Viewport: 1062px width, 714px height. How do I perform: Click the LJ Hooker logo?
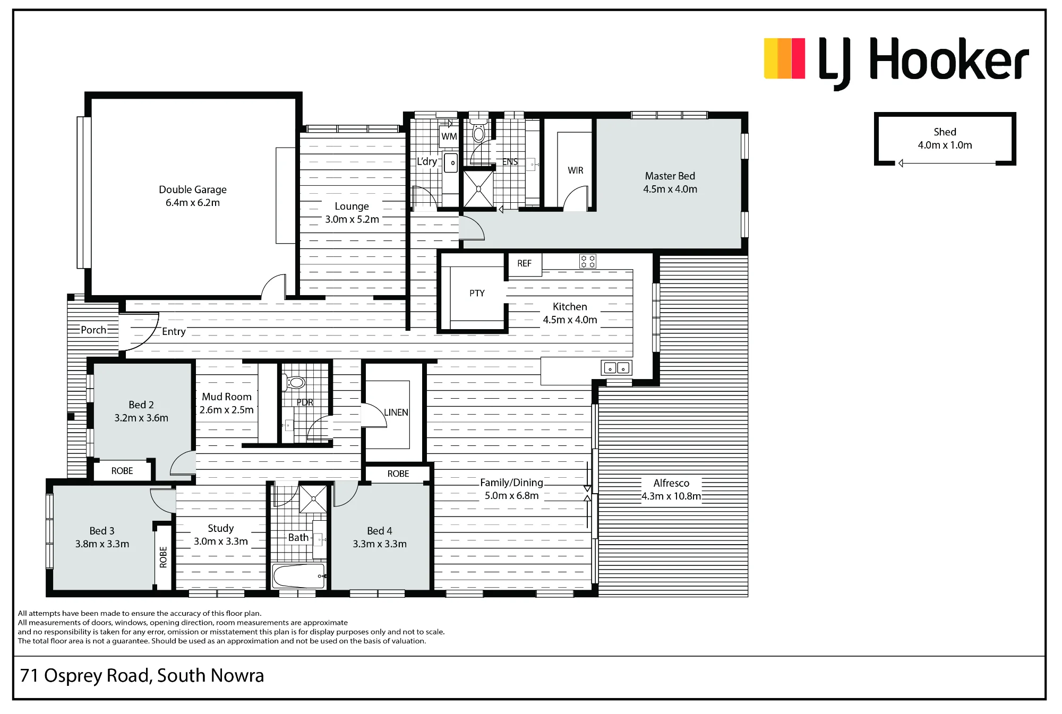[896, 63]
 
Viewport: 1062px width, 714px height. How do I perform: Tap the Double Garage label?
[193, 190]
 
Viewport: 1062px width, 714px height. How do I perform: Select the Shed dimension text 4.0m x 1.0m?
[945, 145]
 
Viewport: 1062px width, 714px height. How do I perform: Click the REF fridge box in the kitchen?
[525, 264]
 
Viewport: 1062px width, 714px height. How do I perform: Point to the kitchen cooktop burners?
[588, 261]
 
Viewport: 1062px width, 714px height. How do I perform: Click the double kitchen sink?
[616, 367]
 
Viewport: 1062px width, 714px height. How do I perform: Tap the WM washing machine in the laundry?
[449, 136]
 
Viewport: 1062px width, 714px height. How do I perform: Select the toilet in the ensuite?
[479, 130]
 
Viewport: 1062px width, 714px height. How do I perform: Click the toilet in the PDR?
[295, 382]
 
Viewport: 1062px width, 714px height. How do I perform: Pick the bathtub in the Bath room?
[298, 576]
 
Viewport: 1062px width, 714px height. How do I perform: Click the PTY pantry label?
[477, 293]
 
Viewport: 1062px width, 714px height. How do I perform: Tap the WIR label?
[576, 170]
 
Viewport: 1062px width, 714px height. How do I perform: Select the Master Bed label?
[670, 176]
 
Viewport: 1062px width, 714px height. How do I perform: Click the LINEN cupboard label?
[396, 412]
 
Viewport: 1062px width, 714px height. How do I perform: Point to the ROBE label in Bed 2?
[122, 471]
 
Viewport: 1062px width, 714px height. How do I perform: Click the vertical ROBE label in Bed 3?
[163, 557]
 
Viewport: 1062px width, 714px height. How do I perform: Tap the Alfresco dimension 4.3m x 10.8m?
[671, 496]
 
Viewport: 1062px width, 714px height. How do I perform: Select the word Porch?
[93, 330]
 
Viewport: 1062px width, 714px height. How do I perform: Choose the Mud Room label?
[227, 397]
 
